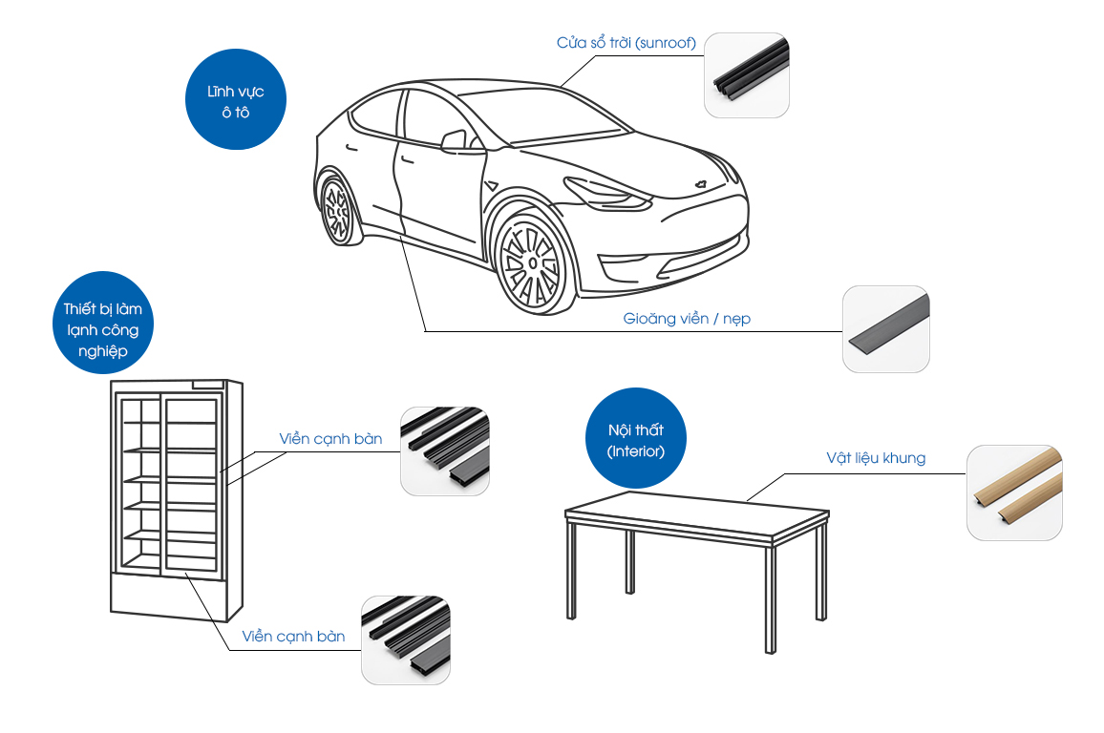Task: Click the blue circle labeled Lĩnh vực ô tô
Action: [235, 100]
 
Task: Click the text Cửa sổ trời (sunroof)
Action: [626, 43]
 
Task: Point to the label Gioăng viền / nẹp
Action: [687, 319]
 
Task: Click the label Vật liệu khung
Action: [876, 458]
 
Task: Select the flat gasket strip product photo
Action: [885, 328]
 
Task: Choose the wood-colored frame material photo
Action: [1014, 492]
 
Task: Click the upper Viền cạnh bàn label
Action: [330, 439]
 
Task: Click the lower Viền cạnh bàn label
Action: [293, 636]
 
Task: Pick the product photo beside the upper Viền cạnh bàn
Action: [445, 451]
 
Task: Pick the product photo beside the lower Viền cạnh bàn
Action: [406, 639]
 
